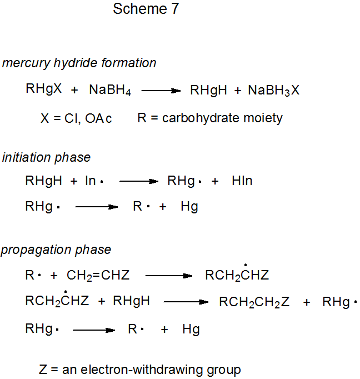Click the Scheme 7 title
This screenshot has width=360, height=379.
(146, 9)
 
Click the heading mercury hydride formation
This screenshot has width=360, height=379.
(79, 63)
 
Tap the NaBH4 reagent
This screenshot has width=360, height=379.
(109, 91)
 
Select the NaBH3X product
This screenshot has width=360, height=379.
(273, 91)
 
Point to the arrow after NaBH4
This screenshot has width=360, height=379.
(161, 91)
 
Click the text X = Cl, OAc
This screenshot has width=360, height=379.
(76, 118)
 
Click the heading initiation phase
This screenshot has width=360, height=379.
(46, 157)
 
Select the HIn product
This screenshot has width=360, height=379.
(242, 181)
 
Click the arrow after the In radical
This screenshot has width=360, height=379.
(139, 181)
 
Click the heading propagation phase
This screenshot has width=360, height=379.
(56, 250)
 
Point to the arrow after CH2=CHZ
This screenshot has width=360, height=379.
(168, 275)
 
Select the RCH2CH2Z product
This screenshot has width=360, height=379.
(254, 302)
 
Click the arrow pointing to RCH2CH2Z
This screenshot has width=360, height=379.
(185, 302)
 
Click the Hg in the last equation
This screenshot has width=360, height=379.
(191, 330)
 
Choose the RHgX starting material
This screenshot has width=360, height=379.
(43, 89)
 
